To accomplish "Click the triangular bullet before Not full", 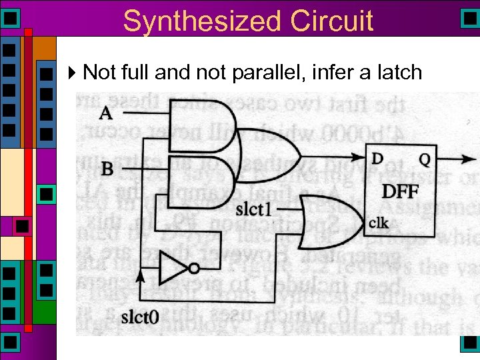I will click(73, 71).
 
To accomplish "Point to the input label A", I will click(105, 113).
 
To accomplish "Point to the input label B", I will click(107, 169).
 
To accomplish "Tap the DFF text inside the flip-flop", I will click(400, 192).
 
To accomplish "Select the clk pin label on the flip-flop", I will click(379, 222).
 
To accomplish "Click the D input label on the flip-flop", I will click(377, 159).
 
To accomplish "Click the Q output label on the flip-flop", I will click(424, 159).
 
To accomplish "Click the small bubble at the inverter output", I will click(194, 269).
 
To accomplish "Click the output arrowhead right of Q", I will click(472, 160).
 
